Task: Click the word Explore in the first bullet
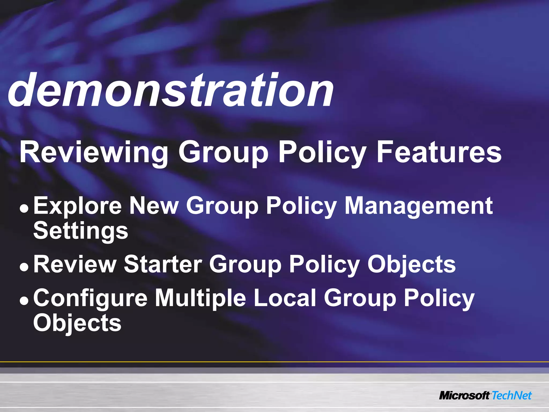click(x=77, y=206)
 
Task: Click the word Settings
click(x=81, y=231)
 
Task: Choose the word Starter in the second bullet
click(x=163, y=264)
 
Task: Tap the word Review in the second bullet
click(x=75, y=264)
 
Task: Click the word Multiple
click(x=201, y=298)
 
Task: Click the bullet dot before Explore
click(x=24, y=208)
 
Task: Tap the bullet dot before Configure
click(x=24, y=300)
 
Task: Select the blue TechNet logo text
click(x=511, y=396)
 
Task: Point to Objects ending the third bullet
click(x=77, y=323)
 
